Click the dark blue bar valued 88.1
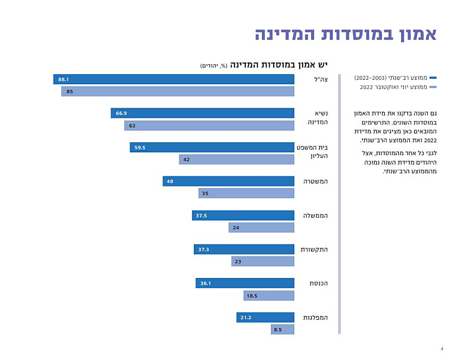click(x=174, y=80)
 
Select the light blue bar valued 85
click(x=178, y=92)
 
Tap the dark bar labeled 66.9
click(x=202, y=113)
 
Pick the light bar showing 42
click(x=236, y=160)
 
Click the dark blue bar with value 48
click(x=228, y=181)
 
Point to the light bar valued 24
click(x=261, y=228)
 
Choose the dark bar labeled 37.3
click(x=244, y=249)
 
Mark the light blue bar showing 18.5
click(x=269, y=296)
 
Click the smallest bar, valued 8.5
click(x=282, y=330)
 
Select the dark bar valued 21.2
click(x=265, y=318)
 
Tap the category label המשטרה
click(x=315, y=181)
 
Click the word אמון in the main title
click(x=411, y=33)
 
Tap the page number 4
click(x=442, y=349)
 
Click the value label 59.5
click(x=139, y=148)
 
